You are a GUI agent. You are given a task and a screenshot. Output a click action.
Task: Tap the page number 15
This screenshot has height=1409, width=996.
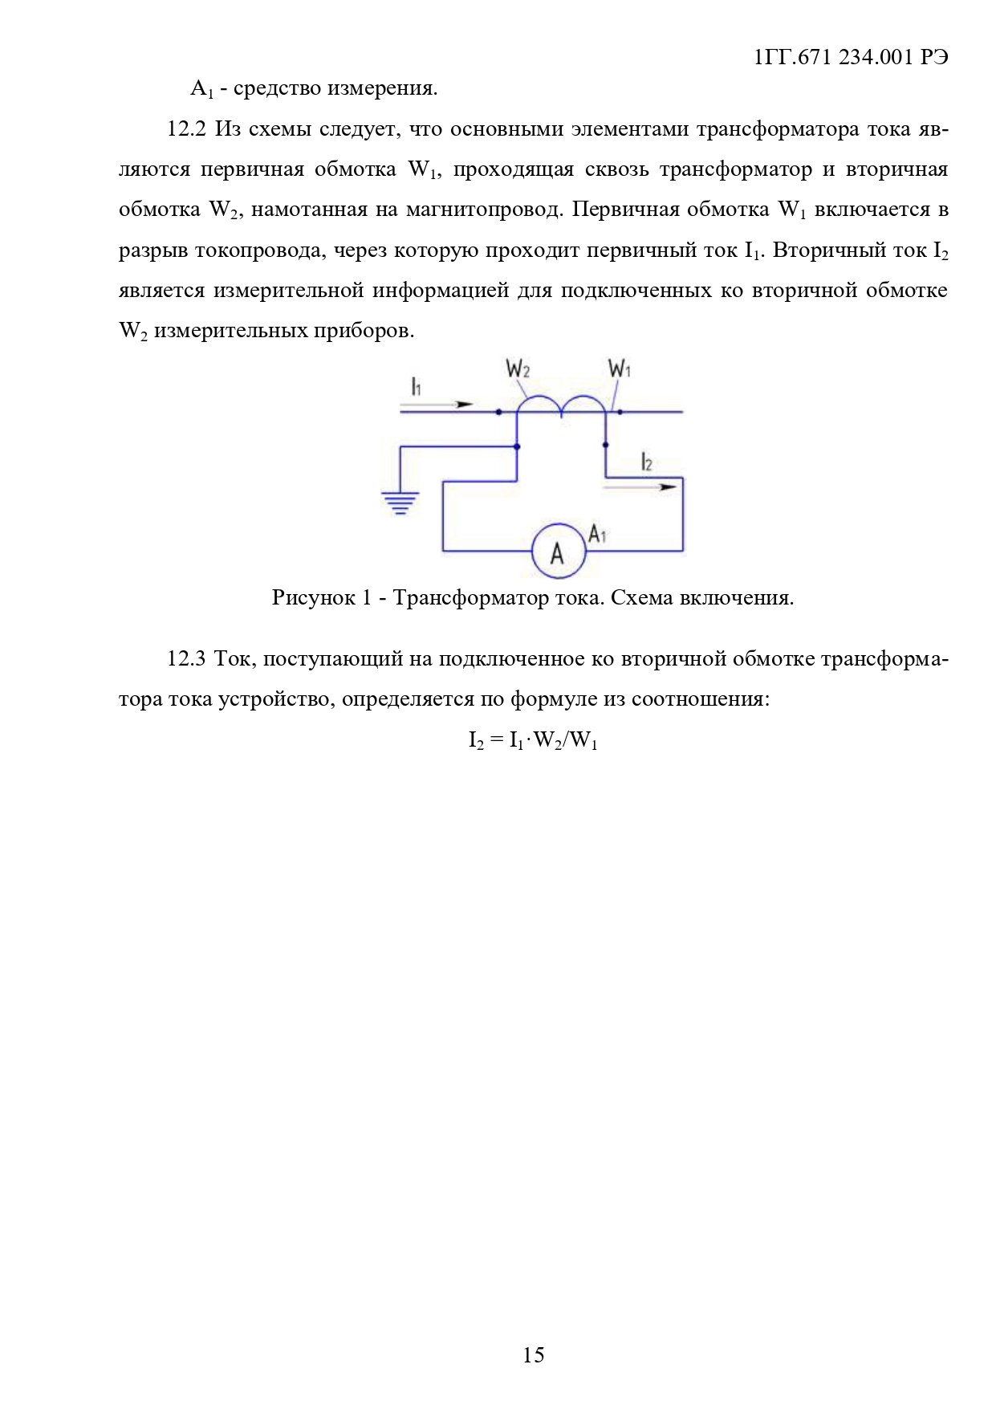pyautogui.click(x=534, y=1354)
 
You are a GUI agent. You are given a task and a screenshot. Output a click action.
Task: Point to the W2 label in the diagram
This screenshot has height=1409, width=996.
pyautogui.click(x=518, y=369)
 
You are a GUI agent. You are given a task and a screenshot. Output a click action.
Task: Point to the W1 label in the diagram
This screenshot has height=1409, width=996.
pyautogui.click(x=620, y=369)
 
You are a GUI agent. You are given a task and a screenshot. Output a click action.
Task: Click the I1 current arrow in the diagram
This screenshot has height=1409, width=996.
pyautogui.click(x=437, y=405)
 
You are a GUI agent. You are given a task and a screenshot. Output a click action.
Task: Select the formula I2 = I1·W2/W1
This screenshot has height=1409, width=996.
pyautogui.click(x=534, y=740)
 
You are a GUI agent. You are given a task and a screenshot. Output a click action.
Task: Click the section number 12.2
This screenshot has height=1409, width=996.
pyautogui.click(x=187, y=129)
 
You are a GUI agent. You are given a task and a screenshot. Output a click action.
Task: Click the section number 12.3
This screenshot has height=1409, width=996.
pyautogui.click(x=187, y=659)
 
